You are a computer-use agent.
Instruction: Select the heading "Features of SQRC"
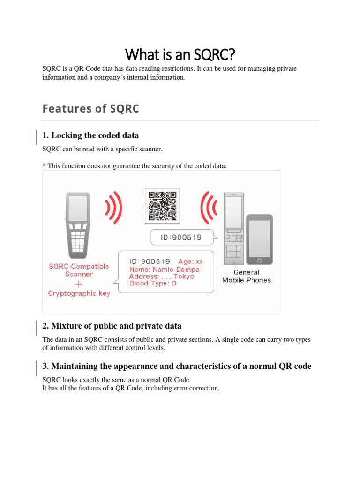click(90, 109)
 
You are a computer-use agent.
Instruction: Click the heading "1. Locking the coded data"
click(90, 135)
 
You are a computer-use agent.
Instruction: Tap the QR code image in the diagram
click(162, 206)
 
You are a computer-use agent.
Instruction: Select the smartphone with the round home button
click(260, 240)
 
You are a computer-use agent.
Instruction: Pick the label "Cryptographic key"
click(79, 293)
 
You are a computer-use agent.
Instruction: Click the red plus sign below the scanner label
click(79, 284)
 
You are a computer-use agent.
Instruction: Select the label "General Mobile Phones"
click(246, 276)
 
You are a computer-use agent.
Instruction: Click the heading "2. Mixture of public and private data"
click(112, 326)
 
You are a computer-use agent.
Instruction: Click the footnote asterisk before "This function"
click(44, 165)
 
